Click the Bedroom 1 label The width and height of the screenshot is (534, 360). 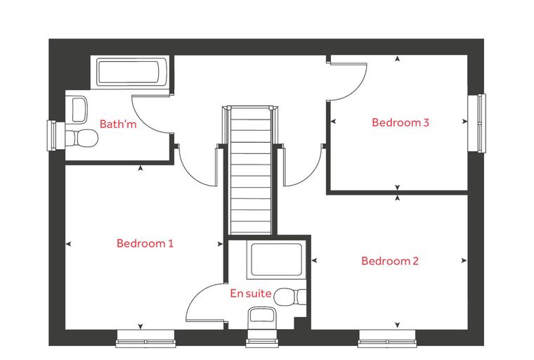coord(145,243)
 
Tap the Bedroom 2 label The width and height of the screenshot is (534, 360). coord(390,261)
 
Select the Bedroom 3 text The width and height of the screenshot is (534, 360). coord(400,122)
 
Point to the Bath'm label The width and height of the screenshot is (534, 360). coord(118,124)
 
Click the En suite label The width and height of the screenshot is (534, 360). coord(251,293)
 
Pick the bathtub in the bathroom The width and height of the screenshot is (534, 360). coord(132,72)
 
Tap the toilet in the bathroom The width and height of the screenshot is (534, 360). coord(82,138)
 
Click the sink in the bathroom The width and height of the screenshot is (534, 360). coord(79,110)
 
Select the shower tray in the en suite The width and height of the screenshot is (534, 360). coord(276,259)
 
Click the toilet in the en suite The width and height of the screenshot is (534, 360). coord(290,297)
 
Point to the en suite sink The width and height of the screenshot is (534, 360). coord(262,316)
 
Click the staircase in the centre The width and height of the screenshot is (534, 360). coord(251,170)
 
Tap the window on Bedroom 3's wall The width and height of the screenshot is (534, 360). coord(476,123)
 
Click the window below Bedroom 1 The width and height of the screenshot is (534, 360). coord(145,338)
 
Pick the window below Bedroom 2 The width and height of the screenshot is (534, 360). coord(387,338)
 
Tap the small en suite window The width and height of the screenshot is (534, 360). coord(262,338)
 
